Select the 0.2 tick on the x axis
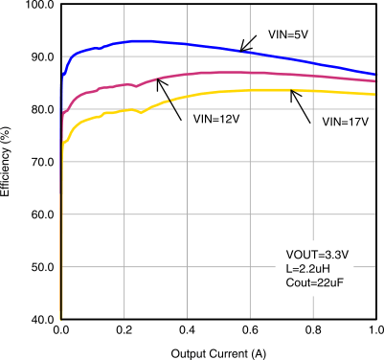124,330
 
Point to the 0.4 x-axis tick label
187,330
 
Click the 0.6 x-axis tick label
249,330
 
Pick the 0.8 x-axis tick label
312,330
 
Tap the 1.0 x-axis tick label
373,330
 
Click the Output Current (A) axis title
217,351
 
